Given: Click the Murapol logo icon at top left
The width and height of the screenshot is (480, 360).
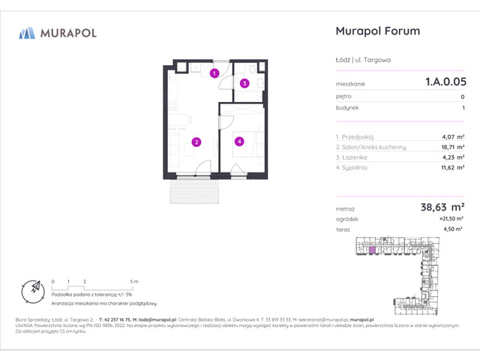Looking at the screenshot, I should tap(27, 32).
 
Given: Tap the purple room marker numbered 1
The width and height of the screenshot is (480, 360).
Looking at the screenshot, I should tap(214, 73).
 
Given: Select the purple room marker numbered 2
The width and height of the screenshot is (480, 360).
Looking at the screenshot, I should tap(196, 141).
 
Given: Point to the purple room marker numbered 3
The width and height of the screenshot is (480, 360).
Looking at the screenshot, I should tap(244, 83).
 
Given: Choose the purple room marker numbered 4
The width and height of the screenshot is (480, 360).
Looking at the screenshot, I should tap(238, 140).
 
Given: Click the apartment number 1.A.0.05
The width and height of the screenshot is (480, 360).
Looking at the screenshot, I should tap(445, 84).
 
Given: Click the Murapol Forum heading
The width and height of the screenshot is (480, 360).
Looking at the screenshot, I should tap(376, 31).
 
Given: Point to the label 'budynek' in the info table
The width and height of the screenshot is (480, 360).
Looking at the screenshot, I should tap(347, 107).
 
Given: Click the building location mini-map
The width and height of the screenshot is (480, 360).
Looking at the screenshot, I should tap(409, 274).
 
